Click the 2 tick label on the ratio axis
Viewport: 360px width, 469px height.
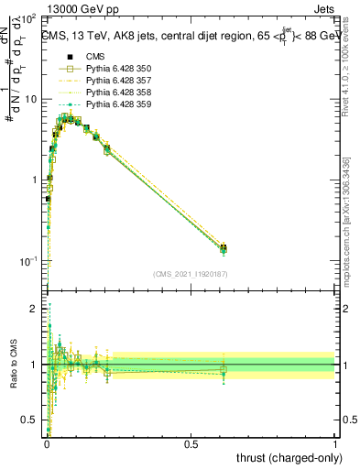pos(35,309)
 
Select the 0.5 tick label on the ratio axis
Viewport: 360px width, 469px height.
pos(31,420)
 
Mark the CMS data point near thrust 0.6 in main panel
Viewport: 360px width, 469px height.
pos(223,247)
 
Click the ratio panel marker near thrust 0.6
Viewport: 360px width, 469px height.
pos(223,370)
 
